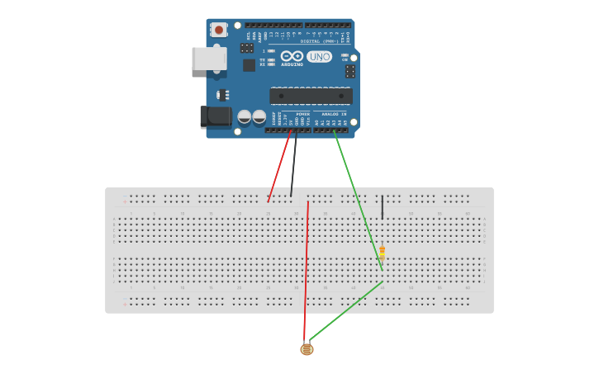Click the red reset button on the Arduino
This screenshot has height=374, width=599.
219,30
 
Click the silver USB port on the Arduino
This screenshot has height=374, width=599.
209,59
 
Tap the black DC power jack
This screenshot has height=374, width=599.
216,116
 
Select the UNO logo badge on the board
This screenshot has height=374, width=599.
319,56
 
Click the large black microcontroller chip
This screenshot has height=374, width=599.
311,96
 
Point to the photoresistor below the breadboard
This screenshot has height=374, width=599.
307,349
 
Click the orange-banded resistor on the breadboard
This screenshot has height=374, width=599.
382,253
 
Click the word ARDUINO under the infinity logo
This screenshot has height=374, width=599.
292,64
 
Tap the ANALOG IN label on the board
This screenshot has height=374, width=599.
333,114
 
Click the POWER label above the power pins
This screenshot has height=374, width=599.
302,114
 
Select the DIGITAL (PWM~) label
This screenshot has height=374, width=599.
323,40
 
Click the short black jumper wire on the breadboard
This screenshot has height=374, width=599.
382,207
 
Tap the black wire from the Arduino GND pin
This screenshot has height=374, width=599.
294,164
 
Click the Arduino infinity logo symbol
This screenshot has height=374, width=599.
292,56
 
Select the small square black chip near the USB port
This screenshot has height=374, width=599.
249,64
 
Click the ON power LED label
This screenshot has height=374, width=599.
345,59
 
